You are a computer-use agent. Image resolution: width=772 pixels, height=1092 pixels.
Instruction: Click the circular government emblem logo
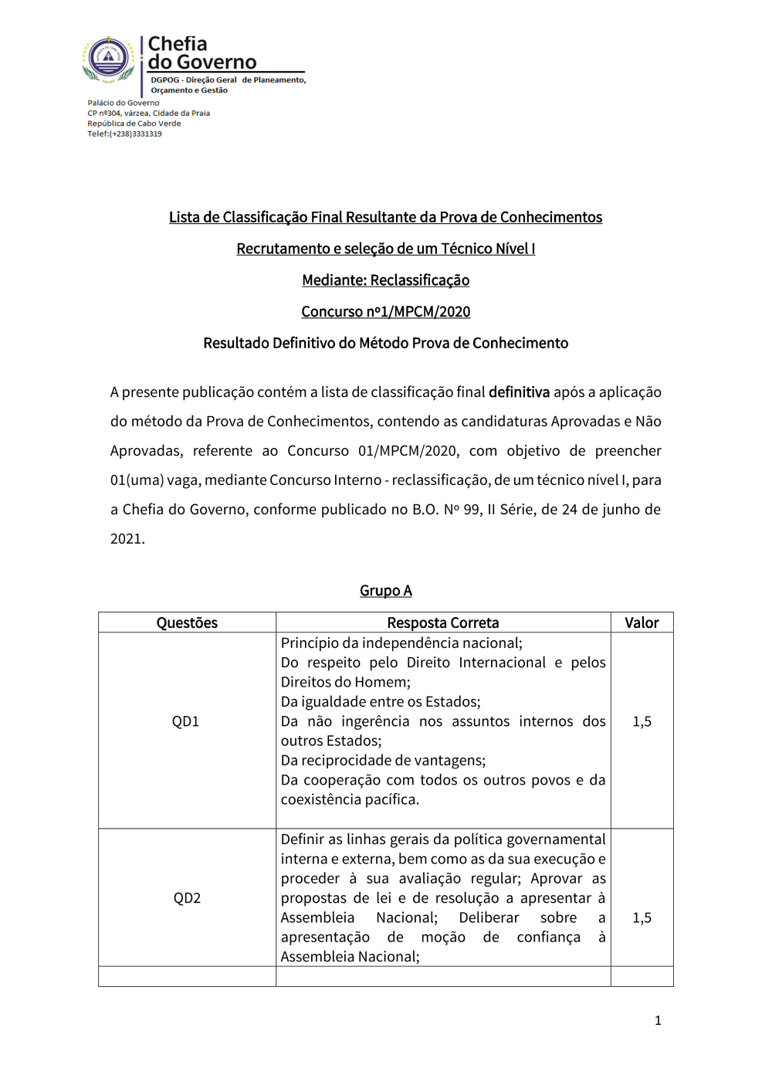click(x=108, y=58)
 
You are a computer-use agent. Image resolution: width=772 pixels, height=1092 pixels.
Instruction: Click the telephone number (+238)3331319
click(x=135, y=134)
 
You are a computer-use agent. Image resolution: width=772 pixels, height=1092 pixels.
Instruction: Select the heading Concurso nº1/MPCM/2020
click(x=385, y=312)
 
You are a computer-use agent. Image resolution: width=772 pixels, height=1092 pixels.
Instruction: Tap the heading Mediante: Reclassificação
click(x=385, y=280)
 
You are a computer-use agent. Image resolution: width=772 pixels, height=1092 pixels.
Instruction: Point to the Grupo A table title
click(x=385, y=591)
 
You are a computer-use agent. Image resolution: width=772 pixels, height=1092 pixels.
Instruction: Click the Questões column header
click(x=187, y=623)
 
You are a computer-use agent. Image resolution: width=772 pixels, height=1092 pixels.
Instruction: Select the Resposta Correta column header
click(x=442, y=623)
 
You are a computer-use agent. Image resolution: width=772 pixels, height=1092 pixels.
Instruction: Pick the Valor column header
click(x=642, y=623)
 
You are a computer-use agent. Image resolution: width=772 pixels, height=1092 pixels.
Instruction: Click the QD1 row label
click(x=185, y=722)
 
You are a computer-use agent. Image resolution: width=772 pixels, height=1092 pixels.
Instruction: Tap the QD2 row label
click(x=187, y=898)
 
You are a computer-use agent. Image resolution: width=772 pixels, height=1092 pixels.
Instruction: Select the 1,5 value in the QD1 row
click(x=642, y=722)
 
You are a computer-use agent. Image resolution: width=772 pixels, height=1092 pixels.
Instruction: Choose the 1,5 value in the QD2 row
click(x=642, y=918)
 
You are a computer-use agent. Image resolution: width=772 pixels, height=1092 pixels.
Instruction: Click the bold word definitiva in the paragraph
click(x=519, y=392)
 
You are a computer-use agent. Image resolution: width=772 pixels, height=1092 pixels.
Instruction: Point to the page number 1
click(x=658, y=1021)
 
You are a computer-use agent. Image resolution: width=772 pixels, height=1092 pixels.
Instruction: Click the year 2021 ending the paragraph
click(x=126, y=539)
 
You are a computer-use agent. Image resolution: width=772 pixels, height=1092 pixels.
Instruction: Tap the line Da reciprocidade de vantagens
click(x=383, y=761)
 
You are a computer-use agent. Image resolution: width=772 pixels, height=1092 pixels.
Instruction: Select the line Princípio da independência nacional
click(x=401, y=643)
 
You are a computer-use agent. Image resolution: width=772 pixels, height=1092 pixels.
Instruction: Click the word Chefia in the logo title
click(x=178, y=44)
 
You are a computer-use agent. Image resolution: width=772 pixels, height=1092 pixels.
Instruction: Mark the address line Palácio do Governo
click(x=124, y=103)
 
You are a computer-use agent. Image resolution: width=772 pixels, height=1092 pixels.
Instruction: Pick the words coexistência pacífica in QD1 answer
click(x=350, y=800)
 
